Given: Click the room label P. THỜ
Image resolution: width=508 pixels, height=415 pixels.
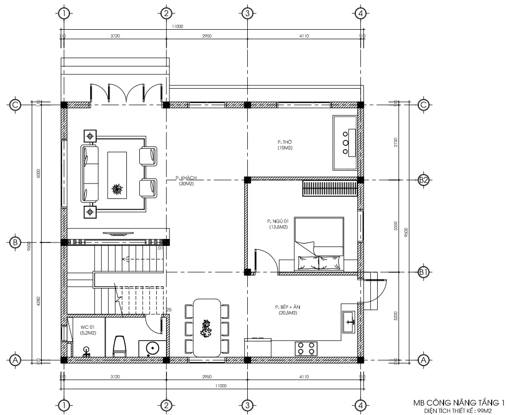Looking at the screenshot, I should (x=284, y=142).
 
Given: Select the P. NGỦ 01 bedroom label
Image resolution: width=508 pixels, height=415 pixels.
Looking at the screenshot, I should (x=276, y=221).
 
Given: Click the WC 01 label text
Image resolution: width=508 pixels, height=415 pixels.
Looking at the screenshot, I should (x=88, y=328).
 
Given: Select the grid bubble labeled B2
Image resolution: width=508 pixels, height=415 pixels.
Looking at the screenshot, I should (x=423, y=179).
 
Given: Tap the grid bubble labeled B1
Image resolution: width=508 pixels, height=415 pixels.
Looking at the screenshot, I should (x=423, y=272).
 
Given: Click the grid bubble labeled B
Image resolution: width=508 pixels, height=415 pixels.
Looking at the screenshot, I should (x=15, y=242).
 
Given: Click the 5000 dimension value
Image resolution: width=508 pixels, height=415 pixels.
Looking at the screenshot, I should (x=39, y=174).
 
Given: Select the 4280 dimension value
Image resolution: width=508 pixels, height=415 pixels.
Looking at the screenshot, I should (x=39, y=301).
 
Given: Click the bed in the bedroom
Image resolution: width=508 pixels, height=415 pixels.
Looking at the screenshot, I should (x=319, y=245).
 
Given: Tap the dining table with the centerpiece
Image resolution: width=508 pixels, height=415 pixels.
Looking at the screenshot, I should (x=207, y=327).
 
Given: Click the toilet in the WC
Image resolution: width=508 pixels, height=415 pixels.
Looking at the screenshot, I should (x=119, y=346).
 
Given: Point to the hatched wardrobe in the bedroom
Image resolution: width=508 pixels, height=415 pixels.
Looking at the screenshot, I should (x=330, y=189).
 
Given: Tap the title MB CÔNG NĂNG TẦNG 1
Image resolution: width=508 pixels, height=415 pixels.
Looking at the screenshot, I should (x=458, y=403).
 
